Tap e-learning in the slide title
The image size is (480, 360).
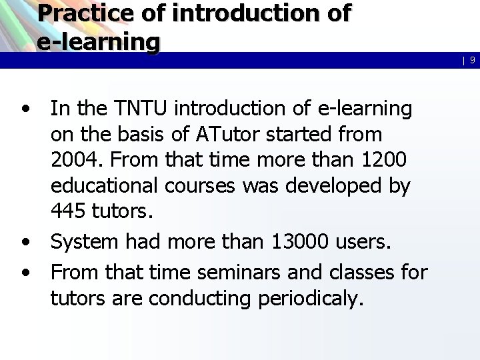(99, 42)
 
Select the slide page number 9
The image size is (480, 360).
(471, 61)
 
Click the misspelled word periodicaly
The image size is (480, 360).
(309, 298)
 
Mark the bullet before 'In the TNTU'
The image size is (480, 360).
(25, 109)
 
